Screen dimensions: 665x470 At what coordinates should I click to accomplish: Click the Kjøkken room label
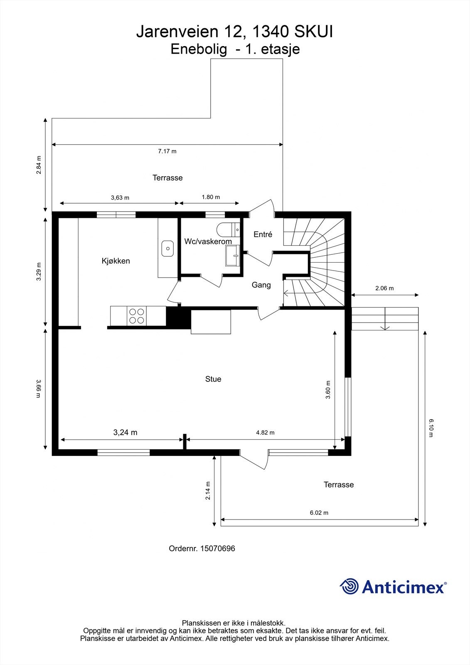pos(116,261)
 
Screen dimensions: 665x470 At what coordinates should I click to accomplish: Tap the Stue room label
pos(213,379)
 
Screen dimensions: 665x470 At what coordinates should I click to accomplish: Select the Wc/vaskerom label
pos(208,241)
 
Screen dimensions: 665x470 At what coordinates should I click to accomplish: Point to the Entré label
pos(263,234)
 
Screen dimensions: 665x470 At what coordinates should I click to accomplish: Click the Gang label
pos(261,285)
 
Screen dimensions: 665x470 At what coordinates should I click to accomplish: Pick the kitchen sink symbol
pos(167,248)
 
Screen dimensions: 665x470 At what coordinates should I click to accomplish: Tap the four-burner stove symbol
pos(137,315)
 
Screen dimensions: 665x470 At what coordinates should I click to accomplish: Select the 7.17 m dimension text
pos(167,151)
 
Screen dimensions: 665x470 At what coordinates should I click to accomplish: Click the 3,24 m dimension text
pos(125,433)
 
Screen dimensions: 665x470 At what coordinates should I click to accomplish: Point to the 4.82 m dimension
pos(265,433)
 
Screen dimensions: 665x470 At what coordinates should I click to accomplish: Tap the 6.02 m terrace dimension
pos(319,513)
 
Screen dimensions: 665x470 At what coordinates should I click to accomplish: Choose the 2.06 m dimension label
pos(384,288)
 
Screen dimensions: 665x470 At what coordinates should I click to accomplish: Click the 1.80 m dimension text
pos(211,197)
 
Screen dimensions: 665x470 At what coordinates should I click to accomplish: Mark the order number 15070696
pos(217,549)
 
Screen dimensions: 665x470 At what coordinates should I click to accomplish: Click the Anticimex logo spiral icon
pos(349,586)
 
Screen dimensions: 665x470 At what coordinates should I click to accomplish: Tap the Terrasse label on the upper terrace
pos(167,178)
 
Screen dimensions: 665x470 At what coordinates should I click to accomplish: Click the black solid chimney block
pos(173,318)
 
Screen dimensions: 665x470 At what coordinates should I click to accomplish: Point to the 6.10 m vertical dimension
pos(431,428)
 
